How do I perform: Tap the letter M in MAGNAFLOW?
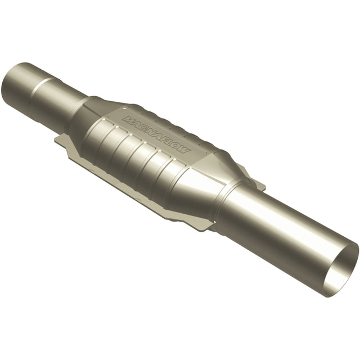128,120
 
